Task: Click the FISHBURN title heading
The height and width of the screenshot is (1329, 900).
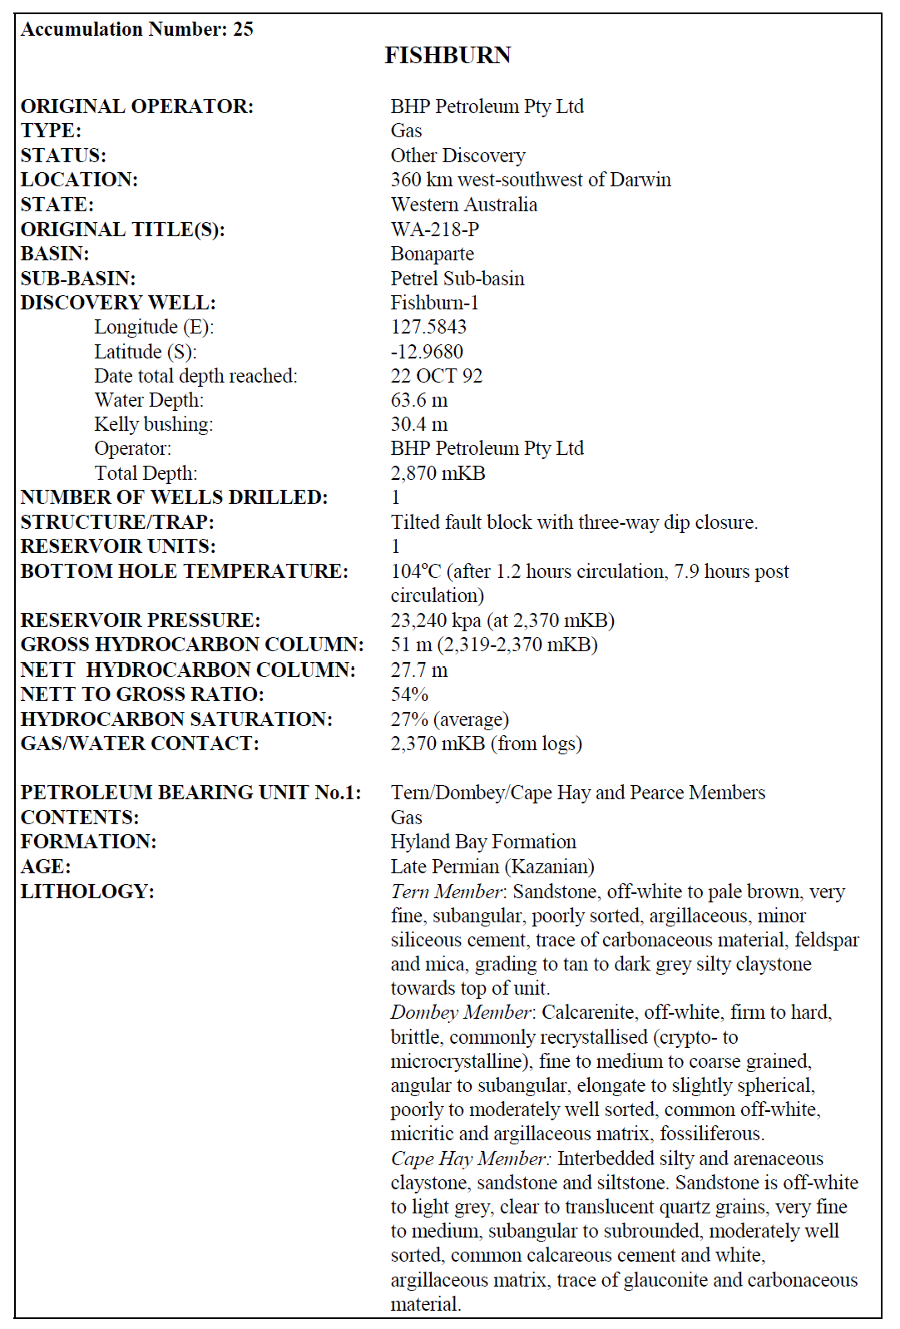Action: point(448,56)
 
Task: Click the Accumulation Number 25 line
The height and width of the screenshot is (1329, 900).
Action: point(137,29)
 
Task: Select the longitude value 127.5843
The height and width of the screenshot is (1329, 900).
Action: point(428,327)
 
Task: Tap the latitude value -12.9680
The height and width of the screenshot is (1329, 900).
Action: point(427,352)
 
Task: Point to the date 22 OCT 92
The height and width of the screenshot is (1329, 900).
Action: point(436,376)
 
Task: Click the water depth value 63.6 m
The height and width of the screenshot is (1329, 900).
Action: point(419,400)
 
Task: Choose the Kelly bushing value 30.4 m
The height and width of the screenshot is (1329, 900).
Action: point(419,424)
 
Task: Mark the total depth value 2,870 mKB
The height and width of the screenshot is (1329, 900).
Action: point(438,473)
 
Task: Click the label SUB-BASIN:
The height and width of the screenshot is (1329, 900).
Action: point(78,279)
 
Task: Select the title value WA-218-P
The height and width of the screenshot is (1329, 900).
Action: point(434,230)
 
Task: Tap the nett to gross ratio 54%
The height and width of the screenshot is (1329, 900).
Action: point(409,694)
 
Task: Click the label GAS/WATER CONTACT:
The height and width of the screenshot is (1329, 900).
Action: point(140,744)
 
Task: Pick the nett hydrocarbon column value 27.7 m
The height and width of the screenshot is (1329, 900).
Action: point(419,669)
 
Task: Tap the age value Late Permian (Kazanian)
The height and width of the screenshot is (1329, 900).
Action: point(492,867)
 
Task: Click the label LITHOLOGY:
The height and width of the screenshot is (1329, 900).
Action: point(87,892)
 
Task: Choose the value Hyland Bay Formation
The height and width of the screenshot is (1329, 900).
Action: point(483,842)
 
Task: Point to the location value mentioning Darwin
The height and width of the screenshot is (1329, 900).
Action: point(531,180)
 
